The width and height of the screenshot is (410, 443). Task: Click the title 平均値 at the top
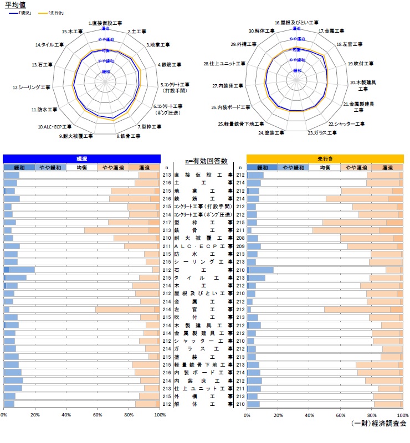click(15, 5)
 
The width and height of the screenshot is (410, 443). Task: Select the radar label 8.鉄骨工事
click(127, 136)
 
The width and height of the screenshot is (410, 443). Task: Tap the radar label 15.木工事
click(73, 32)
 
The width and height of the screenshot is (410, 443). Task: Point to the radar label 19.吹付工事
click(360, 64)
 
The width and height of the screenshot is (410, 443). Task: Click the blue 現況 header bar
click(81, 158)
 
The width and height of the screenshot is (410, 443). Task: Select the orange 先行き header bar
click(324, 158)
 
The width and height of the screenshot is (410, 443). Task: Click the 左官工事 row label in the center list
click(203, 309)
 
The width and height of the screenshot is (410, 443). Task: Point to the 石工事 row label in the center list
click(203, 270)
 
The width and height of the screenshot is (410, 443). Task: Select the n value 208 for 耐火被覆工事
click(240, 238)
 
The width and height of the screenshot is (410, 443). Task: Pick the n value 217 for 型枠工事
click(167, 222)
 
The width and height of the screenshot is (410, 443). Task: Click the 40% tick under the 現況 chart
click(66, 414)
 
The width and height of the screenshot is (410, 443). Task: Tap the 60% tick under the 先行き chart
click(340, 414)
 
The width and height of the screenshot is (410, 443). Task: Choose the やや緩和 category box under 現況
click(50, 167)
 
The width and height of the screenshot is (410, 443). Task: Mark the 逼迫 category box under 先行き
click(387, 167)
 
